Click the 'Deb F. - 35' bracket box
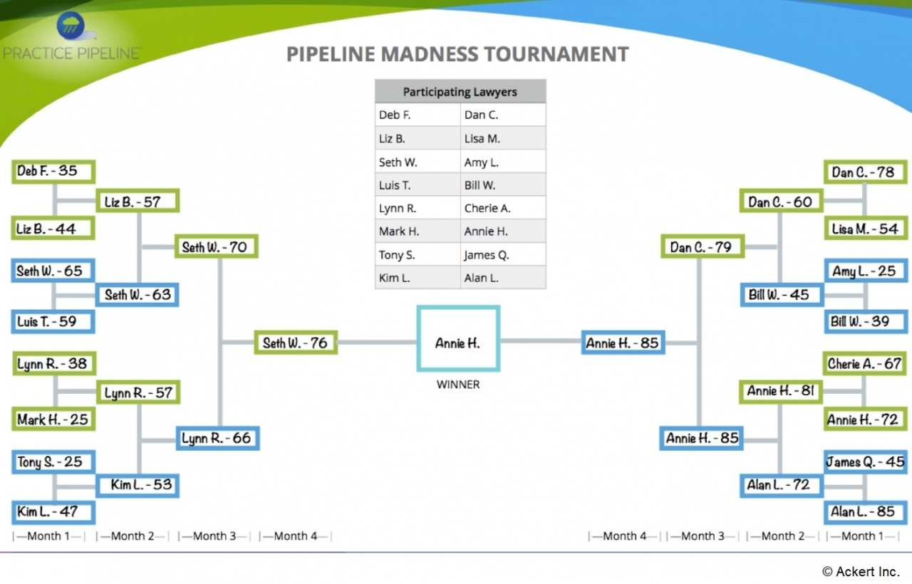coord(53,172)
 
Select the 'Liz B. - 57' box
coord(138,202)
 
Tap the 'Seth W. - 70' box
coord(216,247)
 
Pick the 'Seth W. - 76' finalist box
coord(296,343)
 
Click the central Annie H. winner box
coord(458,339)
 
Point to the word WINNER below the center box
coord(458,385)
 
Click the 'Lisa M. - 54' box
coord(865,229)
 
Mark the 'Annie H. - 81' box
coord(781,391)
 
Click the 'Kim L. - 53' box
coord(138,485)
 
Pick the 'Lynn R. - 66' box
coord(217,438)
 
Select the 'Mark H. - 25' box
coord(53,419)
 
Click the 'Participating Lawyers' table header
coord(460,92)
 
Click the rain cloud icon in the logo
coord(69,26)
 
